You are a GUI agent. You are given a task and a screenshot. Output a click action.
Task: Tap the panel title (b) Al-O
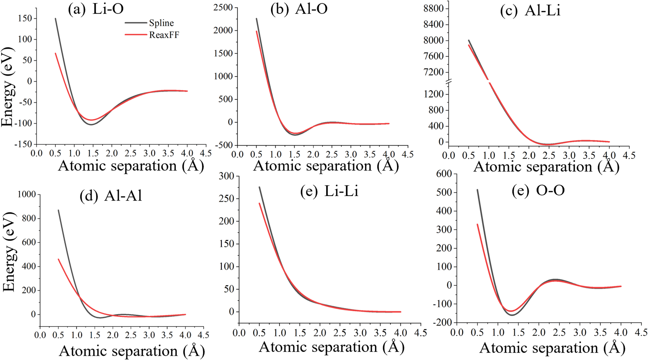[x=299, y=9]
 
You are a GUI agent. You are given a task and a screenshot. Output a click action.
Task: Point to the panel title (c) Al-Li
[x=530, y=11]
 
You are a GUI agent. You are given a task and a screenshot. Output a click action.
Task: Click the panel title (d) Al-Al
[x=111, y=196]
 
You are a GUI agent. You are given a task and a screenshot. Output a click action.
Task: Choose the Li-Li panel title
[x=329, y=191]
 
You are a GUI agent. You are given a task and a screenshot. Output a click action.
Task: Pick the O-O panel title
[x=538, y=191]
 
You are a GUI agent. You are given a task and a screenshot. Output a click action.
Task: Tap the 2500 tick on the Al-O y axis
[x=223, y=7]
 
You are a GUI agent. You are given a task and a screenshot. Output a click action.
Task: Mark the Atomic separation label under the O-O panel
[x=552, y=348]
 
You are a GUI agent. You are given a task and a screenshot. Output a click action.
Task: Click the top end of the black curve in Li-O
[x=56, y=19]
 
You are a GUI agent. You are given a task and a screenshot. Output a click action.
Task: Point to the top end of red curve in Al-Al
[x=58, y=259]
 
